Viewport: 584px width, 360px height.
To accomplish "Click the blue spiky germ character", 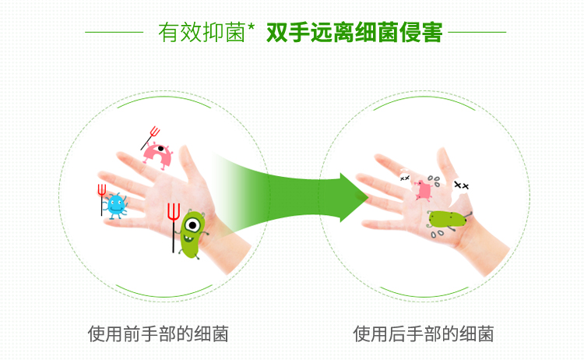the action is (x=115, y=206).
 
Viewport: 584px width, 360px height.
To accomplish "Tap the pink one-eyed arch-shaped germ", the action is (x=158, y=156).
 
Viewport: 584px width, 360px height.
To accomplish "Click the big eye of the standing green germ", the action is (x=192, y=225).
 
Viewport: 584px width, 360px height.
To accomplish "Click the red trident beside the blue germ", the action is (x=102, y=199).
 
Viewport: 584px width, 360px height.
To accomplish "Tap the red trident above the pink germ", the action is (x=150, y=138).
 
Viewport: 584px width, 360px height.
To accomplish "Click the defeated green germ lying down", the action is (x=448, y=219).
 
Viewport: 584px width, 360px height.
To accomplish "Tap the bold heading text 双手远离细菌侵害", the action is (x=354, y=33).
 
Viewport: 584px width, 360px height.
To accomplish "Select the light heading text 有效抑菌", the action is (x=202, y=33).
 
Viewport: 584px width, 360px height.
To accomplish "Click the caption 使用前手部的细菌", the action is (x=158, y=334).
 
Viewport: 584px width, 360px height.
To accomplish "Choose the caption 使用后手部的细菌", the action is (x=424, y=334).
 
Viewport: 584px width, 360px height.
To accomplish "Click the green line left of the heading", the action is (x=114, y=33).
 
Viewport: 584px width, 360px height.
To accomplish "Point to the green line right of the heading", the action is (x=477, y=33).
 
